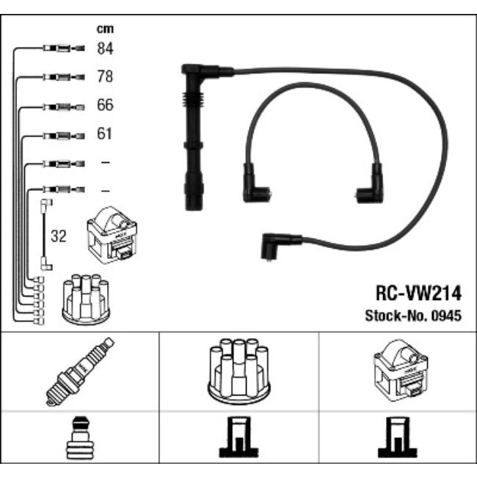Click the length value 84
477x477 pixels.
[105, 49]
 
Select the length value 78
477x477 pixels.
[105, 77]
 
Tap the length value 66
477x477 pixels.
[105, 106]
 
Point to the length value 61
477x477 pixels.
[105, 134]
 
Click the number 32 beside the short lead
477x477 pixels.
[58, 236]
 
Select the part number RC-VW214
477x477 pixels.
[418, 294]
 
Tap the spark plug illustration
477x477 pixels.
[79, 371]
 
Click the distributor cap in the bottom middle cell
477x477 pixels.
[238, 371]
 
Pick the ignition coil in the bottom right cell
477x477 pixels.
[398, 371]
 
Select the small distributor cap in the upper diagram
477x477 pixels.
[86, 299]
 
